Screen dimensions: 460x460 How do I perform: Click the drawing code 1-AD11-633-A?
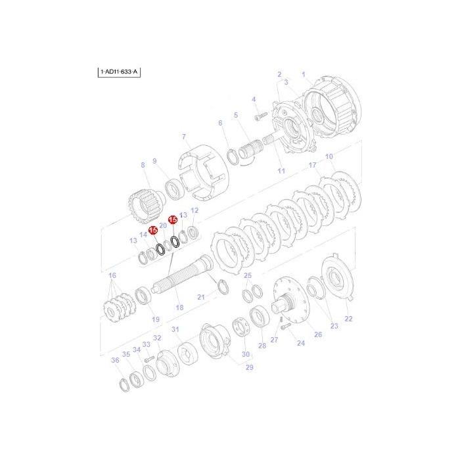(x=120, y=70)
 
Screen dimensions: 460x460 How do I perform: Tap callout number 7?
(x=185, y=136)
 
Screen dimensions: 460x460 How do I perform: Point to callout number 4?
(x=253, y=99)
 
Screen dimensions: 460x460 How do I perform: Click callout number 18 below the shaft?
(x=179, y=307)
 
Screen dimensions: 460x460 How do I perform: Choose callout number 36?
(x=115, y=359)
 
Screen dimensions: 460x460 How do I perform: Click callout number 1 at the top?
(x=304, y=74)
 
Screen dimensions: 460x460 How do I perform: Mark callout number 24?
(x=301, y=343)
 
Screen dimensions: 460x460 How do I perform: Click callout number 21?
(x=201, y=297)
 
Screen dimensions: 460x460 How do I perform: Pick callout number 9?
(x=155, y=161)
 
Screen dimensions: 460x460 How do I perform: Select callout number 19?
(x=156, y=319)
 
